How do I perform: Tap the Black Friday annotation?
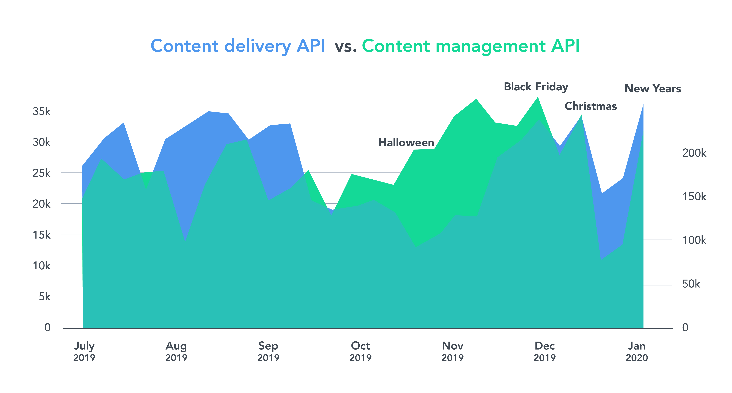pyautogui.click(x=536, y=87)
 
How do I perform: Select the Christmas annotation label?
pyautogui.click(x=591, y=106)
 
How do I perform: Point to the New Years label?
pyautogui.click(x=652, y=89)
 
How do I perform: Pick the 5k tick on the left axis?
pyautogui.click(x=45, y=297)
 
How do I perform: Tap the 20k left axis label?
pyautogui.click(x=41, y=204)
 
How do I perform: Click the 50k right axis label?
pyautogui.click(x=691, y=284)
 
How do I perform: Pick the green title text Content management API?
pyautogui.click(x=471, y=46)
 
